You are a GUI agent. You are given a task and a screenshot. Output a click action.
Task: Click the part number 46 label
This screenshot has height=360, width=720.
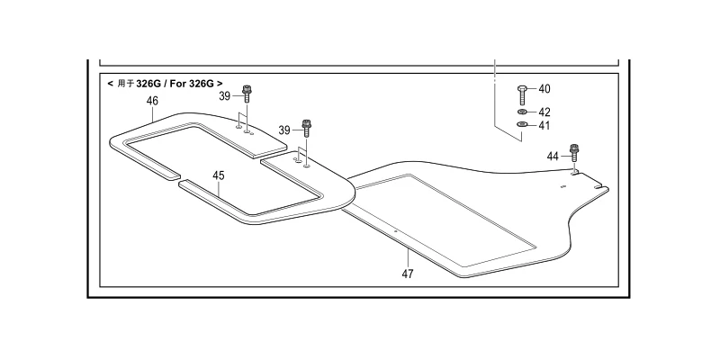point(152,101)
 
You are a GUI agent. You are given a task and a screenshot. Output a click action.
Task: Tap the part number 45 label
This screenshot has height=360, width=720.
point(219,175)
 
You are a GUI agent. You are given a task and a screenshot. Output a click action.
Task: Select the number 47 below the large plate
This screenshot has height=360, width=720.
point(408,274)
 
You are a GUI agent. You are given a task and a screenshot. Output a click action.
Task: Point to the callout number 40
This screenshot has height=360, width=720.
point(544,88)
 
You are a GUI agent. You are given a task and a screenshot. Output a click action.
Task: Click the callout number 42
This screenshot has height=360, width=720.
point(544,112)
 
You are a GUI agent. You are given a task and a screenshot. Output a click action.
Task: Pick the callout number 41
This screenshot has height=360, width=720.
point(544,125)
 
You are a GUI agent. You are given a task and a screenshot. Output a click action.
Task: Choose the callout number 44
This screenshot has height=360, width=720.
point(553,157)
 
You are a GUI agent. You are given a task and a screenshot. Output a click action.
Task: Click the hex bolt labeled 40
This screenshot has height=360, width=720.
point(522,95)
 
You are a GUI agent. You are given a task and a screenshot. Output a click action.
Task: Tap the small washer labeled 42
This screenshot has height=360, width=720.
point(522,112)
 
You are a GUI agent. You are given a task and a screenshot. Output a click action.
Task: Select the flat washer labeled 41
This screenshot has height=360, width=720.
point(522,124)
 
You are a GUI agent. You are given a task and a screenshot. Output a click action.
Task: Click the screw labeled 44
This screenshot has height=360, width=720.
point(573,152)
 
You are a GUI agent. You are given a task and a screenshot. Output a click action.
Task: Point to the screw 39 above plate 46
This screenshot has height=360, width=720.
point(247,94)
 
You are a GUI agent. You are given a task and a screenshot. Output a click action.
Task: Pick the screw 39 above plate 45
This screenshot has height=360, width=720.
point(306,128)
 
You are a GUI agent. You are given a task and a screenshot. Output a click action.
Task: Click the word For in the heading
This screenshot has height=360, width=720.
point(178,84)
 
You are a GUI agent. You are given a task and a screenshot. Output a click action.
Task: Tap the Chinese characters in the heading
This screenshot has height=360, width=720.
point(125,84)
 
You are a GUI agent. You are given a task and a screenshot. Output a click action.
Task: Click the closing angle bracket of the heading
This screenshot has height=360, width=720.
point(220,84)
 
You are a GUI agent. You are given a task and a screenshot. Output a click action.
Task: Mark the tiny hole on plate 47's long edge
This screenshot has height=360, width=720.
point(395,231)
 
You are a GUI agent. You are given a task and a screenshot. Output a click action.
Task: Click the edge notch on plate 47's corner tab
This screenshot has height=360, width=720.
point(598,187)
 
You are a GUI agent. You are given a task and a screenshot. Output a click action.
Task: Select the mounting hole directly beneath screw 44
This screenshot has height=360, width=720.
point(573,171)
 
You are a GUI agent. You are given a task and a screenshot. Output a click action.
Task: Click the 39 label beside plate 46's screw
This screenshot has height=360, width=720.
point(224,96)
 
